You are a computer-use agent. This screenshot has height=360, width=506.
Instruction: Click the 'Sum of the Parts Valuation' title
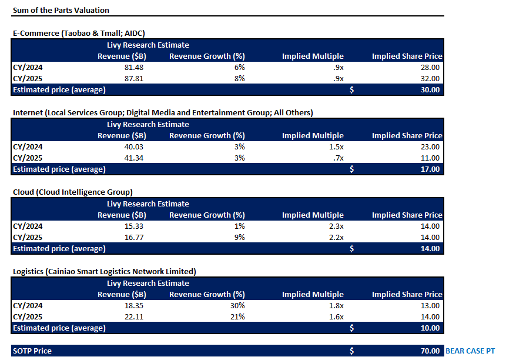pos(61,10)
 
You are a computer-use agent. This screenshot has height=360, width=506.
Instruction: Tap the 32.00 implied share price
pos(430,78)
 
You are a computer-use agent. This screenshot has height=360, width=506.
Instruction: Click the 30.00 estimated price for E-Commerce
pos(430,89)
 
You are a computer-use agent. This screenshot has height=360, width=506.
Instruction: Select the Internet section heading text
pos(163,113)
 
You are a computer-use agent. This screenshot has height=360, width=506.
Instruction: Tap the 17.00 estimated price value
pos(430,169)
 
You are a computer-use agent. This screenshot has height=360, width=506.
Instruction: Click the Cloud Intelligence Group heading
pos(72,192)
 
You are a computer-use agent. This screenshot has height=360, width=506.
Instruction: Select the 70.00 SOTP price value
pos(430,351)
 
